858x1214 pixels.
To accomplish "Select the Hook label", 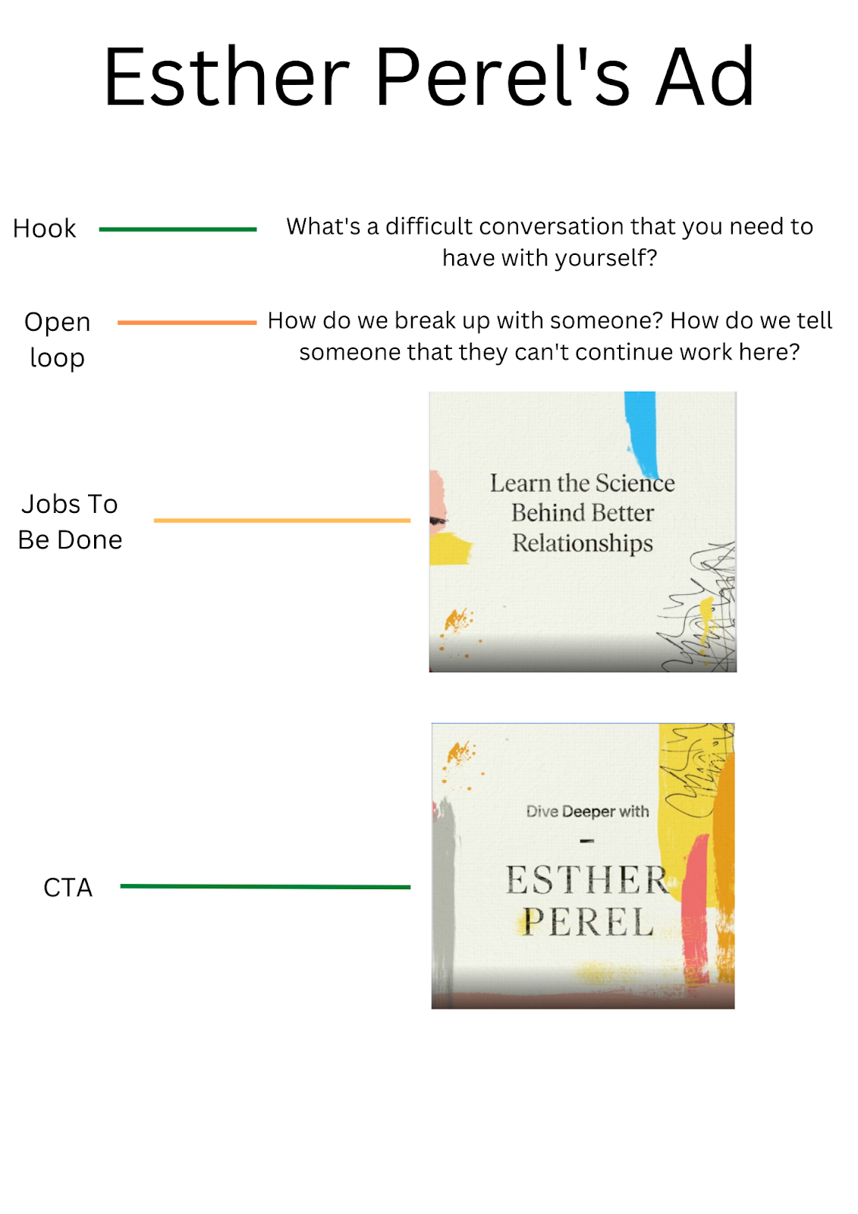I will click(x=45, y=228).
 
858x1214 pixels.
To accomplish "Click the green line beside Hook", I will click(x=178, y=229).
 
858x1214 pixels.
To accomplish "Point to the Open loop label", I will click(x=57, y=339).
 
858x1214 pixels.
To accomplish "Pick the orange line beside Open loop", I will click(x=187, y=322).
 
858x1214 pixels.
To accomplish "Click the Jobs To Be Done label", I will click(x=70, y=521).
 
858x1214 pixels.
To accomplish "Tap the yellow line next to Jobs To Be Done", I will click(x=281, y=521).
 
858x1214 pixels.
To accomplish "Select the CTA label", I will click(x=68, y=887).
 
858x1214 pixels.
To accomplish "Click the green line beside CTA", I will click(x=265, y=886).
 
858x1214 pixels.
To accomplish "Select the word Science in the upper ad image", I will click(x=635, y=483).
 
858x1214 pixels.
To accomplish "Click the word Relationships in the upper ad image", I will click(x=583, y=543).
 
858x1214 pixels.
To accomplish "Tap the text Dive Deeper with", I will click(x=587, y=812).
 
